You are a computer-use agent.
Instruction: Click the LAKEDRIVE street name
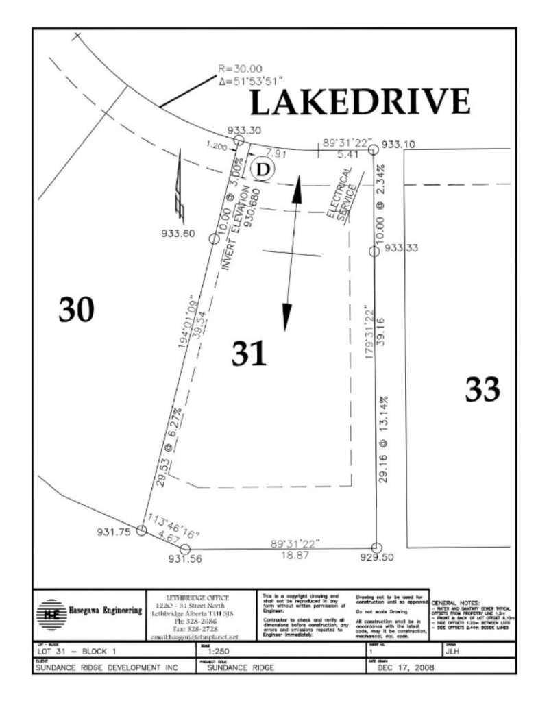[x=359, y=103]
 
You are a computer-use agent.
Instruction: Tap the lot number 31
[x=248, y=354]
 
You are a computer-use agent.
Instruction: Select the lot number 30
[x=75, y=310]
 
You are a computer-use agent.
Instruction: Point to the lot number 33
[x=483, y=390]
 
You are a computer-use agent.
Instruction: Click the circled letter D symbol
[x=261, y=169]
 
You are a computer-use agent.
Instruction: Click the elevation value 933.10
[x=398, y=145]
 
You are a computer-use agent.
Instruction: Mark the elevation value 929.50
[x=378, y=558]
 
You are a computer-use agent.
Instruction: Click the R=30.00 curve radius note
[x=239, y=69]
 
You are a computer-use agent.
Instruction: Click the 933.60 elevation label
[x=176, y=233]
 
